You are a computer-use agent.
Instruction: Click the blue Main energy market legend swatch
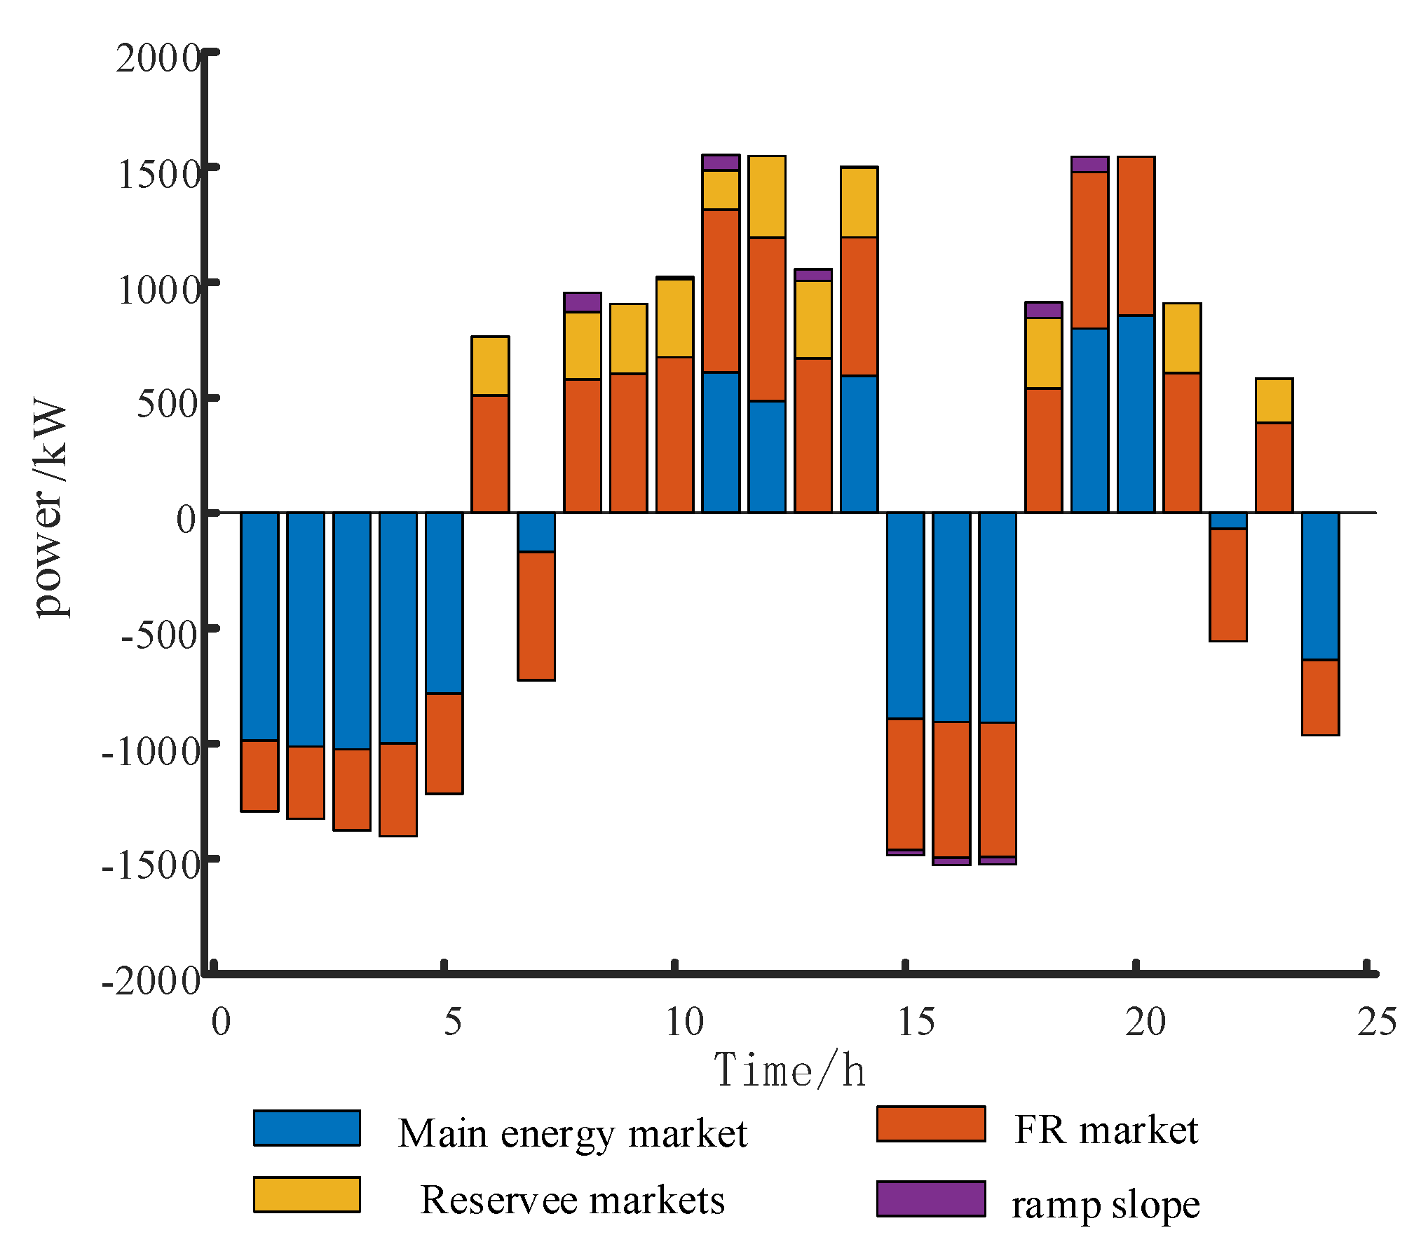[x=306, y=1128]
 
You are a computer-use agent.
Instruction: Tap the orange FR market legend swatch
[x=931, y=1124]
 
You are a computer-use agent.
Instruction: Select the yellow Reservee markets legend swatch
[x=306, y=1194]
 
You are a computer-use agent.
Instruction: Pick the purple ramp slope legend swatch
[x=931, y=1199]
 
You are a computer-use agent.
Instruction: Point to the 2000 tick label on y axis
[x=158, y=58]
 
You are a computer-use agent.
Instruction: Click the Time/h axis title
[x=789, y=1071]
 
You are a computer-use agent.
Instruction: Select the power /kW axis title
[x=50, y=508]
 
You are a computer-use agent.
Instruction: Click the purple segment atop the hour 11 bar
[x=721, y=163]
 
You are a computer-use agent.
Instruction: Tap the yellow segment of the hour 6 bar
[x=490, y=366]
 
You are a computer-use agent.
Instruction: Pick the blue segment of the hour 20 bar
[x=1136, y=414]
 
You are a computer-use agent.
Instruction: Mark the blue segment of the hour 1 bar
[x=259, y=626]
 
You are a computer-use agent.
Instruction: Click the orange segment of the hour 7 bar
[x=536, y=616]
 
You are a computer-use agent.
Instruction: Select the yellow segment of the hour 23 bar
[x=1274, y=400]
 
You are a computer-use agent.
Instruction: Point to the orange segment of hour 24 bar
[x=1320, y=697]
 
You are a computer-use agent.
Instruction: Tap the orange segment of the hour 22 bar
[x=1228, y=585]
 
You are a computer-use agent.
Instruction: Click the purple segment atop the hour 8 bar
[x=583, y=302]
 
